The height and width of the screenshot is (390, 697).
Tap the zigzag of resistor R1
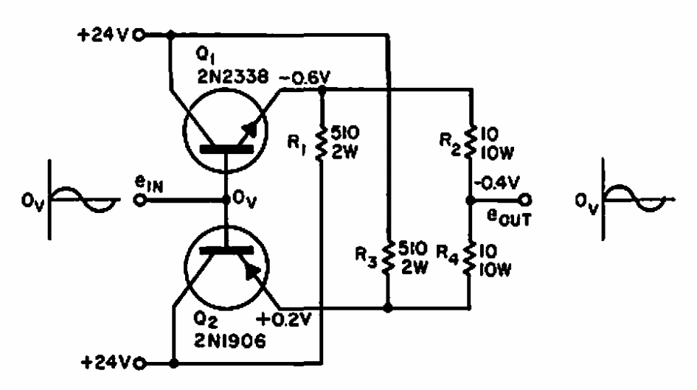pos(322,142)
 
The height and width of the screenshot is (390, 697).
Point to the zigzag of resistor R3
pos(388,257)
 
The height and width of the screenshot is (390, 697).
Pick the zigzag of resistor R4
pos(469,258)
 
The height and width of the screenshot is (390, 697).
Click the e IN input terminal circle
pos(140,201)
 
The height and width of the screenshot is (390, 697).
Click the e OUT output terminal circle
pos(525,201)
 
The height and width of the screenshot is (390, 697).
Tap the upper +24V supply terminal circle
pos(139,35)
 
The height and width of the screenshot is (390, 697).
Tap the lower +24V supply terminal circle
pos(140,363)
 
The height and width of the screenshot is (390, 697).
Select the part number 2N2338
pos(233,77)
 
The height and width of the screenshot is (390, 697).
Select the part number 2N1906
pos(230,341)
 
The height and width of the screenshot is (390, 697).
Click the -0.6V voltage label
pos(305,78)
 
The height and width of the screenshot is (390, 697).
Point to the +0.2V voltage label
pos(285,319)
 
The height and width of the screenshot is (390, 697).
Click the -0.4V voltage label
pos(496,183)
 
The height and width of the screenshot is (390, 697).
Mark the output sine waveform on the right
pos(637,198)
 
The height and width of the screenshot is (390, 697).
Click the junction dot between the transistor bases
pos(226,200)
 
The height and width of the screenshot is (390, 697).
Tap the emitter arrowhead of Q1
pos(250,130)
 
